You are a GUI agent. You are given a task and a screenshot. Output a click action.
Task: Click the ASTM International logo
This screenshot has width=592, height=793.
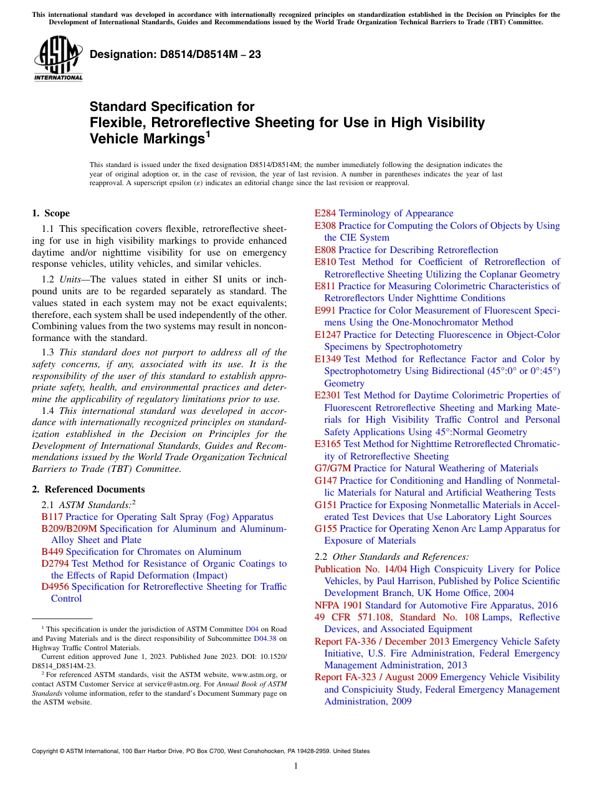click(58, 59)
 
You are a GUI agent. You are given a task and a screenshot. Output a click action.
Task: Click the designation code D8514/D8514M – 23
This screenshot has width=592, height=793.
click(175, 55)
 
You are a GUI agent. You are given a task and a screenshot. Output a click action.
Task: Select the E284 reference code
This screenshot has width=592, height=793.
click(325, 213)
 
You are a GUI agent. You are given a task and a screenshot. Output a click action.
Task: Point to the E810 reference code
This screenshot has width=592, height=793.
click(325, 262)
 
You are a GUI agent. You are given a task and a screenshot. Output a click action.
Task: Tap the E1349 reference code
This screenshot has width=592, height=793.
click(328, 359)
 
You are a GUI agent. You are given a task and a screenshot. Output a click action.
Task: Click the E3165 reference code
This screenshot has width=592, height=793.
click(328, 444)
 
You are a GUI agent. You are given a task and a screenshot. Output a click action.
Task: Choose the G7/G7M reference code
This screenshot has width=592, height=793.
click(333, 468)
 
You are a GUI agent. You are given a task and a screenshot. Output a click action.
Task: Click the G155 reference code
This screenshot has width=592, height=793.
click(325, 529)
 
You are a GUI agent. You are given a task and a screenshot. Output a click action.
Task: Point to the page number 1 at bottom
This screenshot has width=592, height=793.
click(296, 766)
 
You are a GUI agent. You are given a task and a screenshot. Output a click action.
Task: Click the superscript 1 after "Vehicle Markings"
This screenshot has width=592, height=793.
click(208, 134)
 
